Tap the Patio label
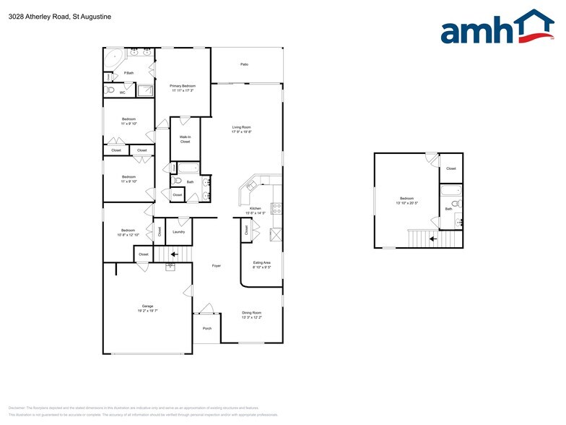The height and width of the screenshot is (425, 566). click(x=244, y=64)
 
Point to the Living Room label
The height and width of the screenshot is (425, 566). click(x=241, y=129)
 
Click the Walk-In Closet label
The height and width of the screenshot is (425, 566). click(x=185, y=139)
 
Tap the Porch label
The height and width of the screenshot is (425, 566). click(x=206, y=327)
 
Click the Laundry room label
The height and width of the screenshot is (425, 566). click(x=178, y=231)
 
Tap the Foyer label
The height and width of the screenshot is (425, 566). click(x=216, y=266)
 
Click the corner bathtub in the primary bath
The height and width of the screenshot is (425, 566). click(x=113, y=59)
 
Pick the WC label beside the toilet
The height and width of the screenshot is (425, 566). click(x=122, y=92)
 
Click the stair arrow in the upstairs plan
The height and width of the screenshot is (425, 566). click(x=433, y=237)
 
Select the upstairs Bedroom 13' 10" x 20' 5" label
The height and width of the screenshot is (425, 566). click(x=407, y=200)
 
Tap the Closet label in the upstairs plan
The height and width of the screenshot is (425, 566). click(x=450, y=168)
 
